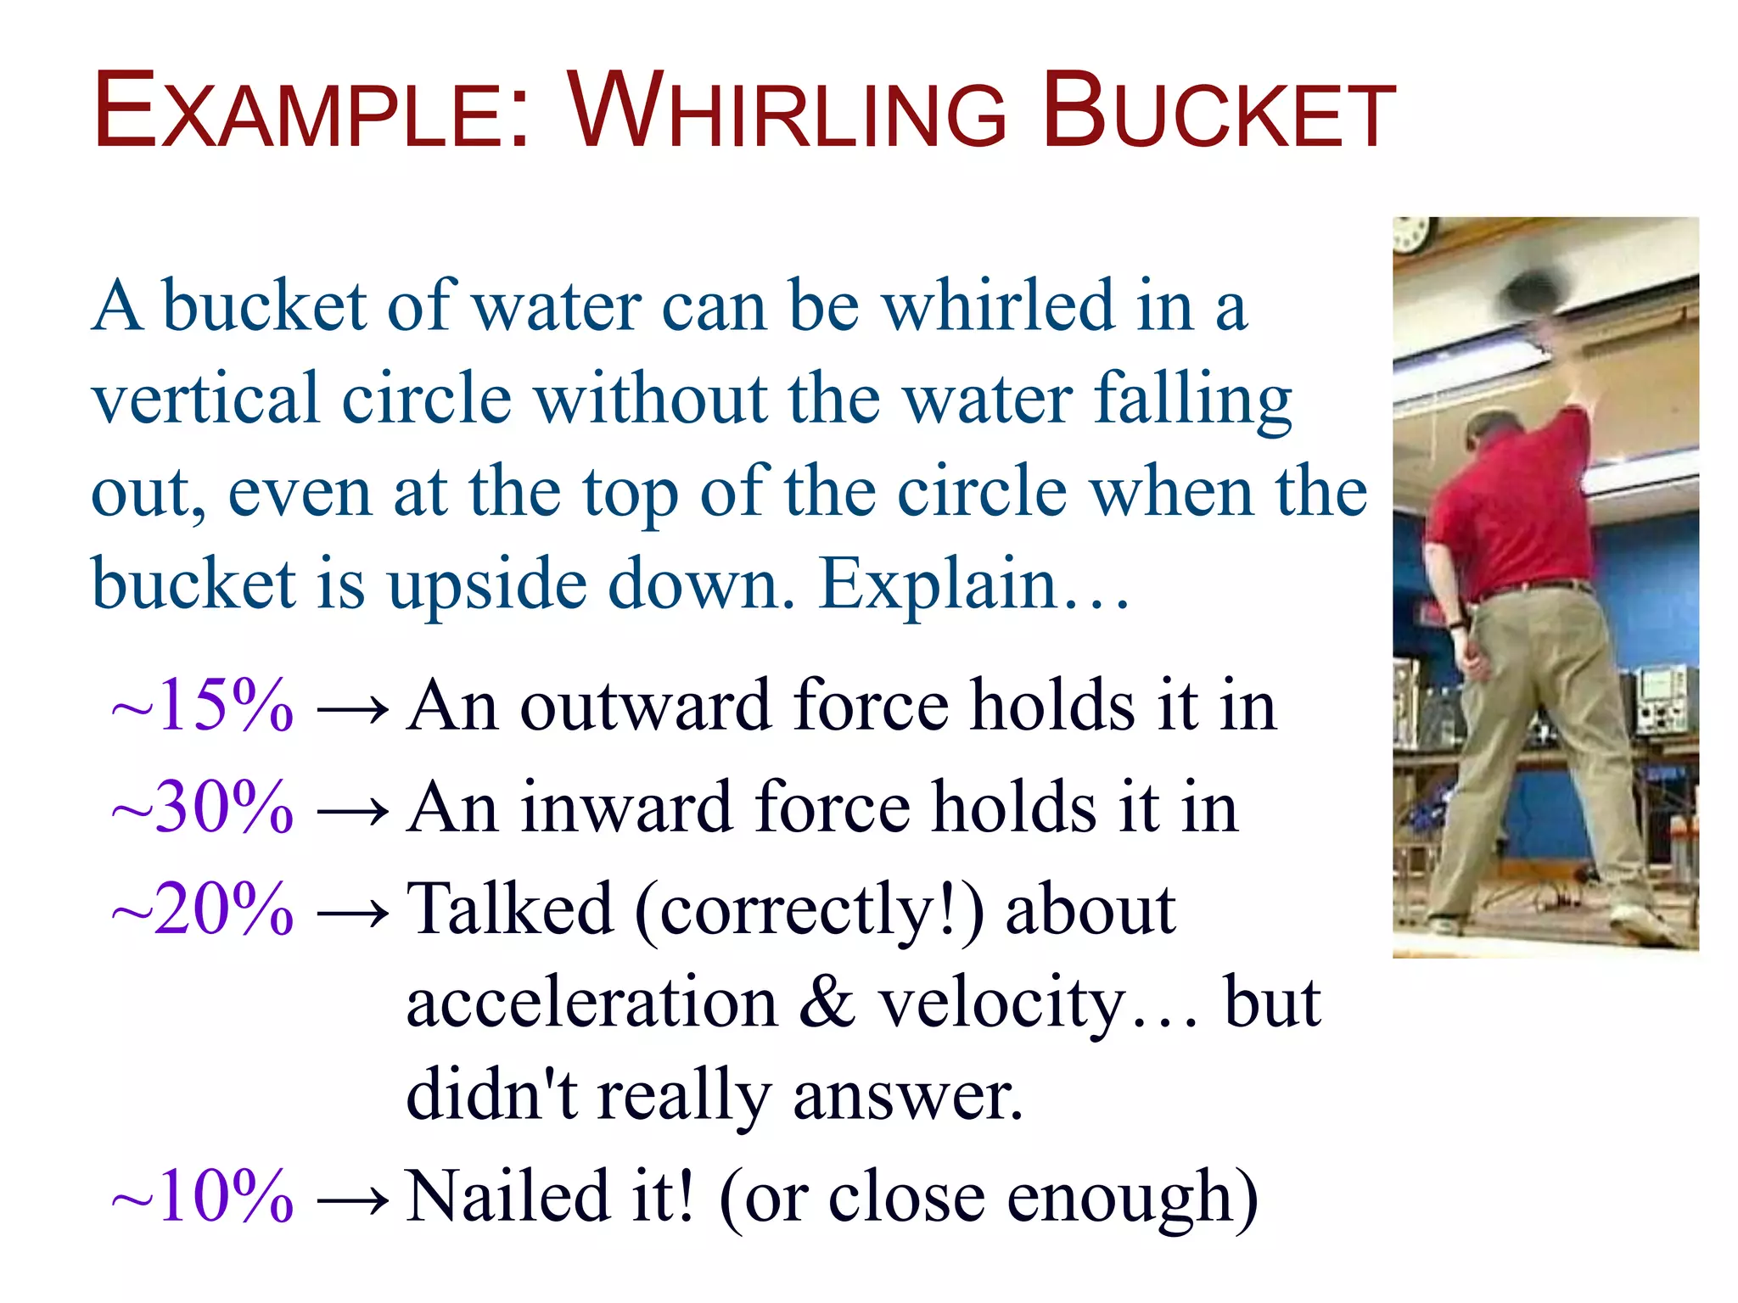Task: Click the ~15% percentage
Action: pos(204,706)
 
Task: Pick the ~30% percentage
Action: pos(204,808)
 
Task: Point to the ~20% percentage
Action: pos(204,909)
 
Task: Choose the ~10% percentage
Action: pos(204,1197)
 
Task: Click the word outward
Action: pos(645,706)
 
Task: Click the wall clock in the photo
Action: pos(1412,234)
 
